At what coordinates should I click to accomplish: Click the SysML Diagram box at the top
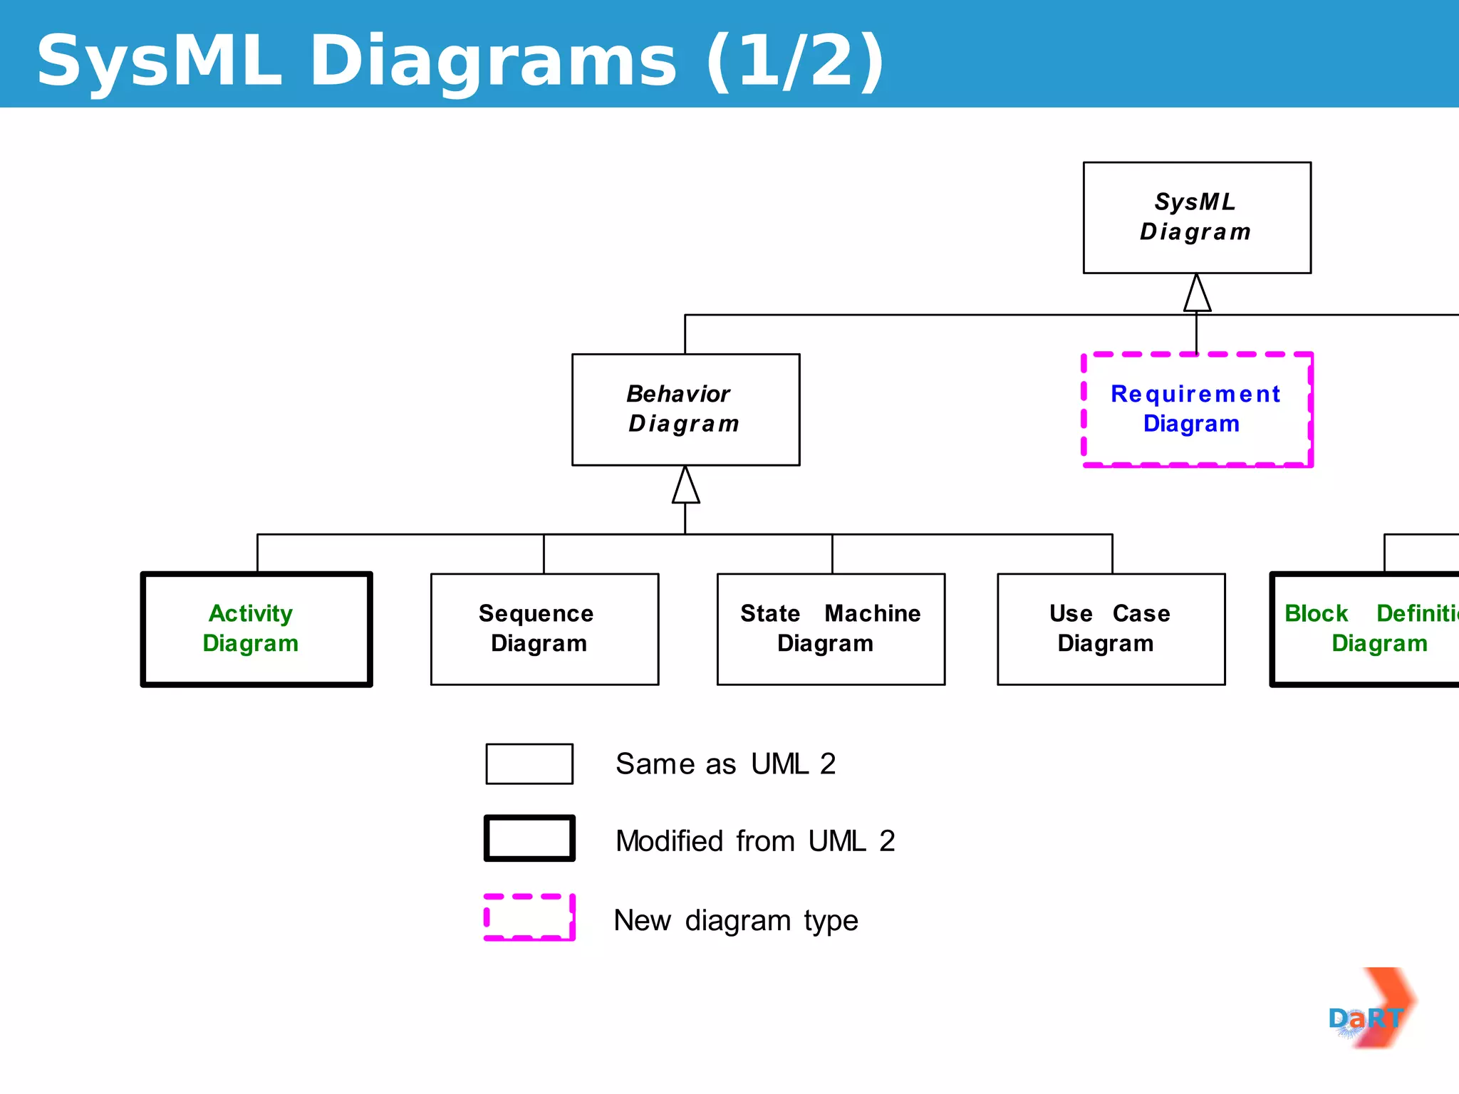pos(1197,217)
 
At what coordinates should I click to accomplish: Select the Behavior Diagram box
pos(685,410)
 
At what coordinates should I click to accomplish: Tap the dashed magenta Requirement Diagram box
pos(1197,410)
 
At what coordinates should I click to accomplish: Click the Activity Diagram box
pos(256,629)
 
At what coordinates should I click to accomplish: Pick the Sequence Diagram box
pos(544,629)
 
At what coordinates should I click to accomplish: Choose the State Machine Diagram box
pos(831,629)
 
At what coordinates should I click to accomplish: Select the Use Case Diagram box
pos(1111,629)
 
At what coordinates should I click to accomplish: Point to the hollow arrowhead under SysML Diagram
pos(1197,294)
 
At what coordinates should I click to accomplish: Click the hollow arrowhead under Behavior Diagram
pos(685,486)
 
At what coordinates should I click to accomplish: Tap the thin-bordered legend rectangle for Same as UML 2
pos(529,764)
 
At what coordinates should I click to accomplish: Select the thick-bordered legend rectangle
pos(529,838)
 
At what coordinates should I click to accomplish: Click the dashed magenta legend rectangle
pos(529,917)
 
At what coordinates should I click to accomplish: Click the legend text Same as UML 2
pos(725,764)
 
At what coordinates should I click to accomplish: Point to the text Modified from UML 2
pos(755,841)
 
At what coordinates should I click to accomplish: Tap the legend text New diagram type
pos(736,920)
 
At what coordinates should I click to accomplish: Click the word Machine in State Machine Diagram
pos(873,613)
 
